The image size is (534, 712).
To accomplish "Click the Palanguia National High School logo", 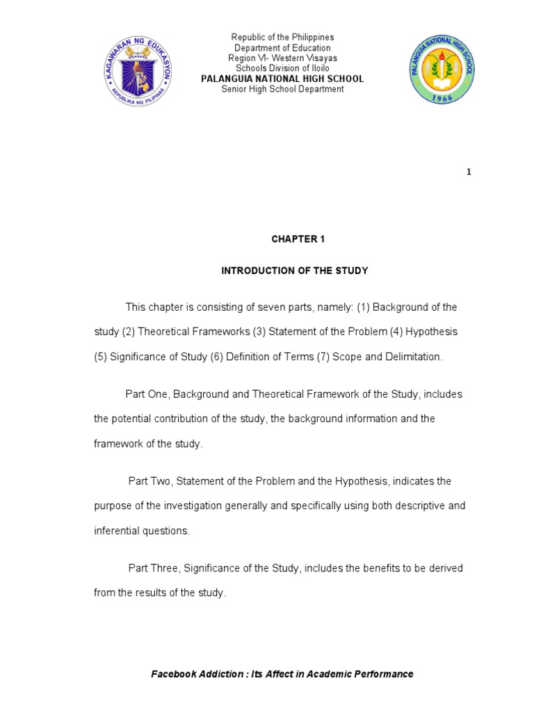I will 442,70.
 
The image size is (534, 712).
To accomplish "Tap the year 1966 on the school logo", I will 442,99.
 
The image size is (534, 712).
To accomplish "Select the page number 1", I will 469,172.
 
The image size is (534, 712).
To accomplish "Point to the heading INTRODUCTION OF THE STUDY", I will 294,270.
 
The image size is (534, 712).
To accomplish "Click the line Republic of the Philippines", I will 282,37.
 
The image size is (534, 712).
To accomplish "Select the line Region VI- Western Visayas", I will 282,58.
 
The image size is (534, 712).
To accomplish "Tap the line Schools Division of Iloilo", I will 282,68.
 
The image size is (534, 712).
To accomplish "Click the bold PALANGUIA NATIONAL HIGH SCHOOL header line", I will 282,79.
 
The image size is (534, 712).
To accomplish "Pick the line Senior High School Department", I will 282,89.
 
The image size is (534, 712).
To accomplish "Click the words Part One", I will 146,394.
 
